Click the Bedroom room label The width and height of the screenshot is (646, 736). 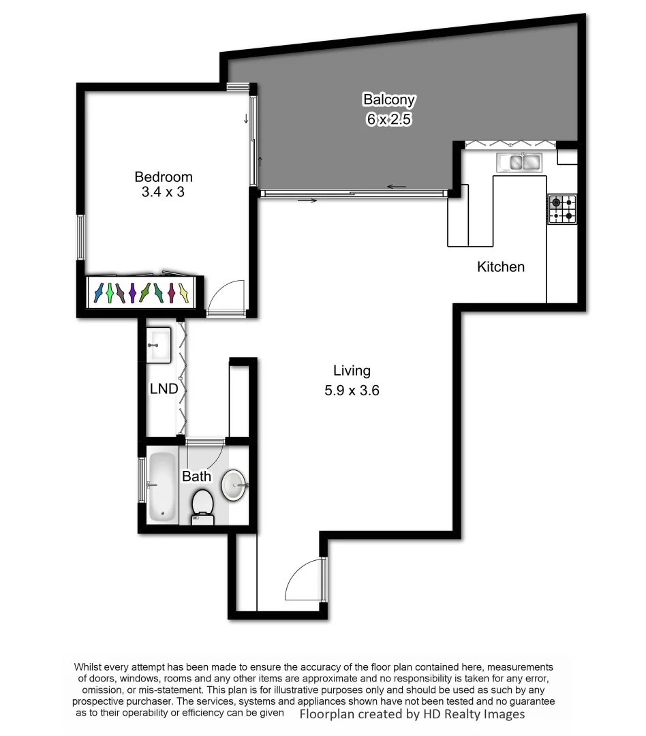click(x=163, y=177)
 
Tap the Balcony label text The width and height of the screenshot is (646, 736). click(x=388, y=99)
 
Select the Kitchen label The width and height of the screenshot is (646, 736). click(x=500, y=266)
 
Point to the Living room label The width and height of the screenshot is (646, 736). click(x=352, y=371)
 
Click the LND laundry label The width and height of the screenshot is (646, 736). click(x=164, y=389)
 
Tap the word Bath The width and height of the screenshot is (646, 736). click(x=196, y=476)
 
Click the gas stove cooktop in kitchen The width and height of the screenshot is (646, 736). click(x=562, y=209)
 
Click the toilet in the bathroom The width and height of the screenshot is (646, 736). click(x=202, y=507)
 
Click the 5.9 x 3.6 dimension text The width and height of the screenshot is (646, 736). click(x=352, y=391)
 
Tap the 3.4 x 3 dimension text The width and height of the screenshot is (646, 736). click(x=163, y=192)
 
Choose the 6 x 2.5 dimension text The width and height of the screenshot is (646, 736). click(x=388, y=119)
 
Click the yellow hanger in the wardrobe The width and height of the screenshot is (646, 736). click(x=183, y=292)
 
